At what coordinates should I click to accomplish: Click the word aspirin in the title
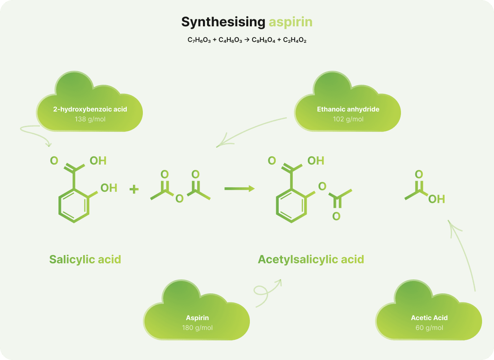coord(291,22)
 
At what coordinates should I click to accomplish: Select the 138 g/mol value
coord(90,119)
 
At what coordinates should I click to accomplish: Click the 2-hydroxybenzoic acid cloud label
coord(90,109)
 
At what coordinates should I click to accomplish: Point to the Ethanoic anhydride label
coord(348,109)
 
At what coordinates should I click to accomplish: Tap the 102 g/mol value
coord(348,119)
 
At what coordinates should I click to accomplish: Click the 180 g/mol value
coord(197,328)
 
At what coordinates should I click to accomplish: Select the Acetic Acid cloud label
coord(429,318)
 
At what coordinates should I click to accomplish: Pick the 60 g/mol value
coord(429,328)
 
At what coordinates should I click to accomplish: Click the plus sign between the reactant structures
coord(134,189)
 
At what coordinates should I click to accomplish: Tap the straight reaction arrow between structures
coord(239,188)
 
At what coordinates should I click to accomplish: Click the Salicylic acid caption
coord(85,260)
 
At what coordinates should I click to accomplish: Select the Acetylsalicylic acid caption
coord(311,260)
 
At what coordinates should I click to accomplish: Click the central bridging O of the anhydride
coord(179,199)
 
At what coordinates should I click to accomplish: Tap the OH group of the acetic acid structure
coord(436,200)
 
